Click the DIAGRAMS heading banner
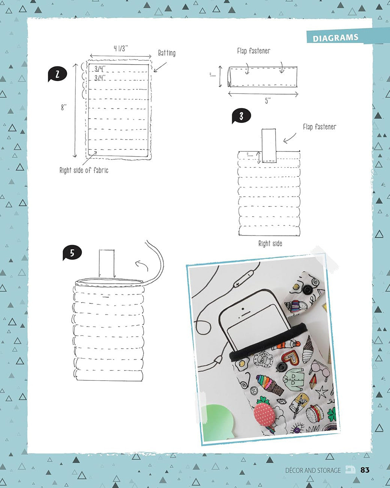(x=335, y=38)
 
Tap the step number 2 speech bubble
(x=57, y=74)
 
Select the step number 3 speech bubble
(x=241, y=116)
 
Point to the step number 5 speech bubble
(x=72, y=253)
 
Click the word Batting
(x=166, y=53)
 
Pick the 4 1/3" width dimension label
(x=121, y=48)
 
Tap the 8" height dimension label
(x=63, y=107)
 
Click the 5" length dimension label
(x=268, y=101)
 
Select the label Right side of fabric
(x=84, y=170)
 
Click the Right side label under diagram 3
(x=270, y=244)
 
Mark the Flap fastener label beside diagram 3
(x=319, y=127)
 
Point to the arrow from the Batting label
(x=160, y=67)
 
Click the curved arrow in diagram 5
(x=141, y=265)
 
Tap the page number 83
(x=365, y=470)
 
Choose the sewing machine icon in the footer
(x=350, y=470)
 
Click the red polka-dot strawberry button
(x=264, y=411)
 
